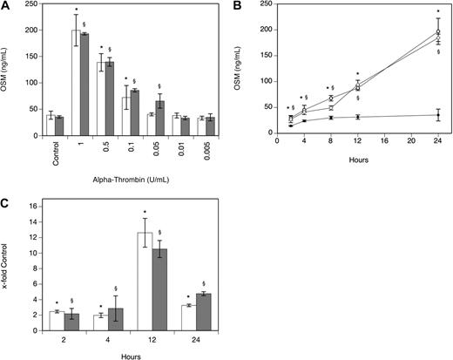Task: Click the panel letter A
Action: tap(6, 7)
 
